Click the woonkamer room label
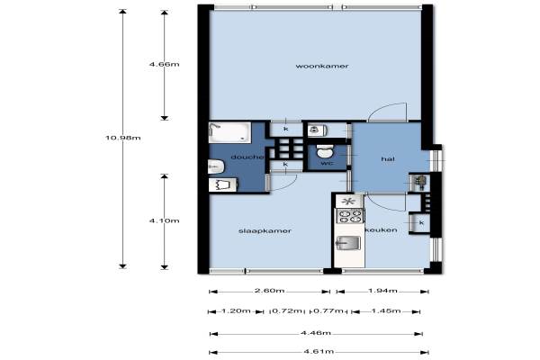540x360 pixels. [x=322, y=66]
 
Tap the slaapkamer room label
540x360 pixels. [x=265, y=230]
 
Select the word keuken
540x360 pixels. [x=382, y=229]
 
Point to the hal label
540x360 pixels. [x=388, y=158]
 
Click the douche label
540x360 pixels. [x=247, y=157]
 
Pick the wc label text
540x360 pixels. [x=327, y=163]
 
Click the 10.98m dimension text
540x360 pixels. [x=123, y=138]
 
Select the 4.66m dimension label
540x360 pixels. [x=165, y=64]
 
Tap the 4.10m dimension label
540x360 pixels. [x=165, y=220]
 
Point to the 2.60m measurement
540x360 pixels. [x=269, y=291]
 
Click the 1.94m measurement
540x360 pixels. [x=383, y=291]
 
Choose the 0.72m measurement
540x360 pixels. [x=287, y=311]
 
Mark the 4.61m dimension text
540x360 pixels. [x=319, y=351]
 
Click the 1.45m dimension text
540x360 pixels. [x=386, y=310]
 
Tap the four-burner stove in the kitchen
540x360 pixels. [x=350, y=216]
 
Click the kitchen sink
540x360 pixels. [x=348, y=243]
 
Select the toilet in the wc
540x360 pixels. [x=325, y=151]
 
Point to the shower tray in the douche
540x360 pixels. [x=229, y=132]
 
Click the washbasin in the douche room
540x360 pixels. [x=216, y=167]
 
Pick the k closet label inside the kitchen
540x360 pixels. [x=421, y=223]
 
